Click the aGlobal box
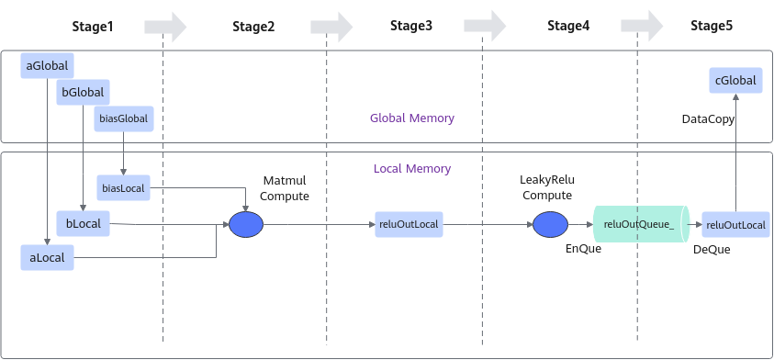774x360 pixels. pos(47,66)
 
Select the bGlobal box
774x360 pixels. pos(83,93)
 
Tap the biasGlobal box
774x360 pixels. pos(123,118)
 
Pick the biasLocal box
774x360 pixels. pos(123,187)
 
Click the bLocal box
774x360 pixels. pos(83,224)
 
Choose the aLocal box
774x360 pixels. pos(47,257)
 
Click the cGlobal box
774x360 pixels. pos(735,81)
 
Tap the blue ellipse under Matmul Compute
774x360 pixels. pos(246,225)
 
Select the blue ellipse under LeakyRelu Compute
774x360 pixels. pos(550,225)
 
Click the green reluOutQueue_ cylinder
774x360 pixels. pos(641,224)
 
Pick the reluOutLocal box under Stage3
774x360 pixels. pos(409,224)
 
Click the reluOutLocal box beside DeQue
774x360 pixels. pos(735,225)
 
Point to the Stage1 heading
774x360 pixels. pos(93,26)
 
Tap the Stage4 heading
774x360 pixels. pos(568,26)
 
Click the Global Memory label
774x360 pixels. pos(412,118)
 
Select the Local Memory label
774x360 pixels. pos(412,168)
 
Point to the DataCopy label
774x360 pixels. pos(708,119)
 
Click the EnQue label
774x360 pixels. pos(583,248)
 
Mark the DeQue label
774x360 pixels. pos(712,250)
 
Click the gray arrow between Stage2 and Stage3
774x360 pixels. pos(331,27)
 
